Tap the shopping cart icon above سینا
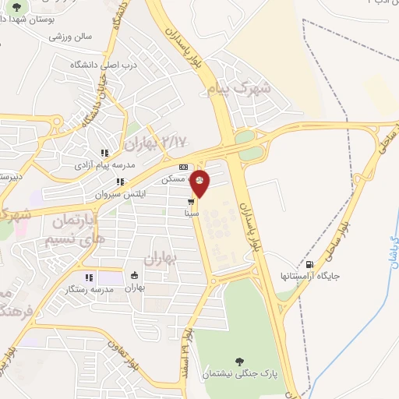(191, 201)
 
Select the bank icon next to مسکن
(184, 167)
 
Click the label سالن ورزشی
(71, 37)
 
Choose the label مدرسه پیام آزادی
(104, 165)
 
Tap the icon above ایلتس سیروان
(120, 182)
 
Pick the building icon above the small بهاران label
(136, 275)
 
